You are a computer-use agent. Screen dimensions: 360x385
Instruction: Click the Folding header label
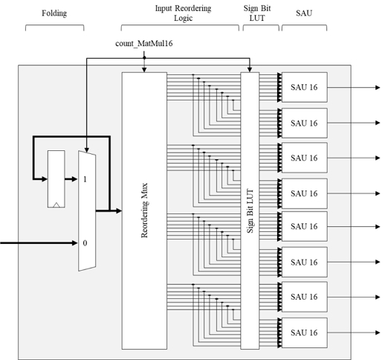click(x=54, y=13)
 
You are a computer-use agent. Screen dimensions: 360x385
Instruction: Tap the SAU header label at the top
click(x=304, y=13)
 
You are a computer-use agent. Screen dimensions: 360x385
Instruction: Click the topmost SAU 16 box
click(x=304, y=87)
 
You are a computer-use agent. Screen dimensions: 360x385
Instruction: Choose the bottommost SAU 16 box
click(x=304, y=331)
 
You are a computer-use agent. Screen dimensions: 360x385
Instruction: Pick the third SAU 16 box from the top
click(x=304, y=158)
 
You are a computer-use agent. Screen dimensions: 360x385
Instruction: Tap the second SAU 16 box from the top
click(x=304, y=123)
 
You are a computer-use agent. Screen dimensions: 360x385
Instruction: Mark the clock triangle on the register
click(x=56, y=203)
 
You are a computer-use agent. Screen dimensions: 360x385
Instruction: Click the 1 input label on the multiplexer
click(x=85, y=179)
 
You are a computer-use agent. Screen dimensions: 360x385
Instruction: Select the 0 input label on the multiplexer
click(x=85, y=243)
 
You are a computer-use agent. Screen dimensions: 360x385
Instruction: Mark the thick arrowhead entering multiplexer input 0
click(x=74, y=243)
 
